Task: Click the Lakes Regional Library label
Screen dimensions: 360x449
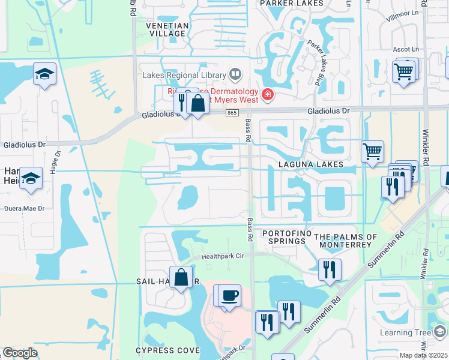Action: (x=183, y=76)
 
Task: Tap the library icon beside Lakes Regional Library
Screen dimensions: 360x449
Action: (x=235, y=75)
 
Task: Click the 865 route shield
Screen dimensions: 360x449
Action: (x=232, y=113)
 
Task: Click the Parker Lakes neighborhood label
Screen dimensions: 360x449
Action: (x=284, y=4)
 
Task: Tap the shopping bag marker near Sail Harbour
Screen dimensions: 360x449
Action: (x=181, y=277)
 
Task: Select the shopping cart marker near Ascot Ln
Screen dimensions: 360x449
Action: (x=404, y=71)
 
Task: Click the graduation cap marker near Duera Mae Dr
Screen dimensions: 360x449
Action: (x=31, y=178)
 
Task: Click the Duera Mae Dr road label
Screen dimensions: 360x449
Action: (x=24, y=209)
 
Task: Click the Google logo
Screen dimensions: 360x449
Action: (x=19, y=353)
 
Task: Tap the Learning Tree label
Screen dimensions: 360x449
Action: (x=406, y=333)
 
